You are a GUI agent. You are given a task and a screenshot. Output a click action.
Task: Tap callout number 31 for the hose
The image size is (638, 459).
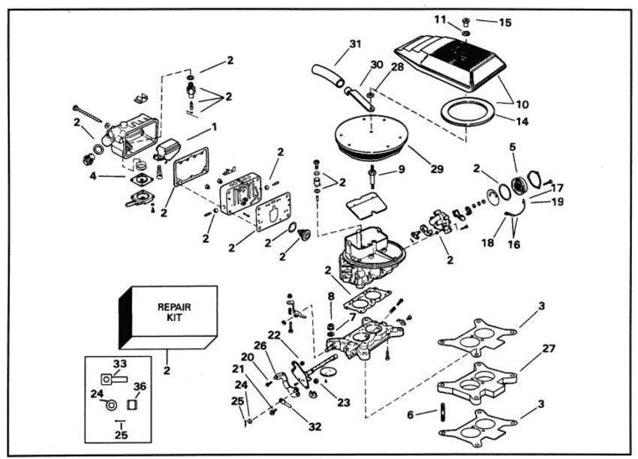coord(355,44)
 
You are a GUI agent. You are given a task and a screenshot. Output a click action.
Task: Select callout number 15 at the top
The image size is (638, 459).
coord(505,22)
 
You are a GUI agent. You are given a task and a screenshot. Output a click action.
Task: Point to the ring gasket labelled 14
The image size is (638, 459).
coord(467,113)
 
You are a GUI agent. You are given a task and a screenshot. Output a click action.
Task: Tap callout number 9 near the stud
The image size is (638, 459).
coord(402,169)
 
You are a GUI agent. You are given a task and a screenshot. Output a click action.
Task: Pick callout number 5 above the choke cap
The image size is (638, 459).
coord(513,146)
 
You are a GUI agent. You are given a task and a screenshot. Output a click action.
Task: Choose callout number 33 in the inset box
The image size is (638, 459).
coord(119,364)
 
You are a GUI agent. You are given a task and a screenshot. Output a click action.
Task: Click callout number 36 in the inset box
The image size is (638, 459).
coord(140,387)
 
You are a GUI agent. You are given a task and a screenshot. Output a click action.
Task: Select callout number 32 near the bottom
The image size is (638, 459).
coord(316,426)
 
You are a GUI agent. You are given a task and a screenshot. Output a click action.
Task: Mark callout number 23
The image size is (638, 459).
coord(343,402)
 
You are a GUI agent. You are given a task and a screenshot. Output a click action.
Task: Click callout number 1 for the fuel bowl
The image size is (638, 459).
coord(214,127)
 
